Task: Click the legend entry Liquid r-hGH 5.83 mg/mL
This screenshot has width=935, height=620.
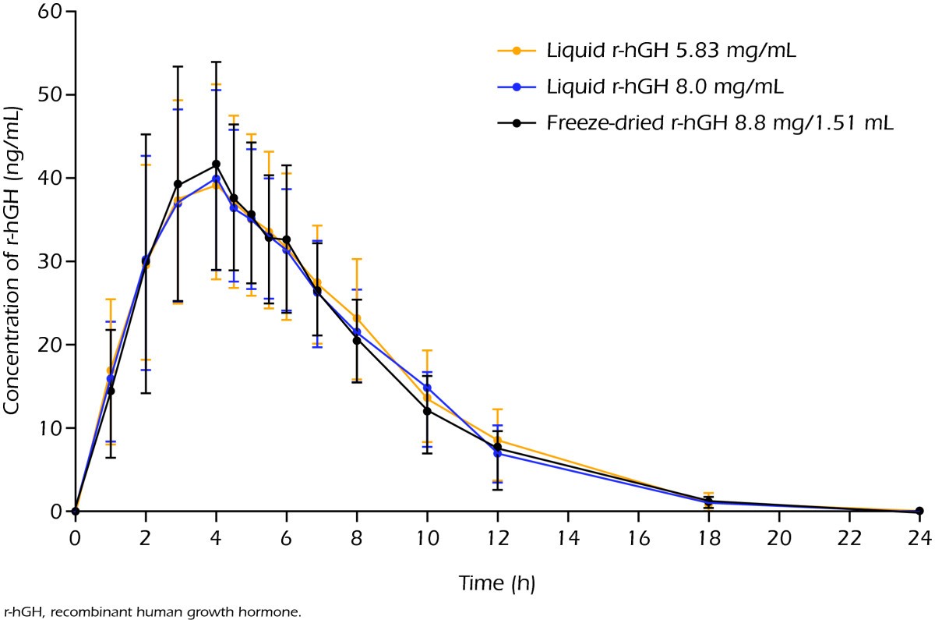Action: (671, 51)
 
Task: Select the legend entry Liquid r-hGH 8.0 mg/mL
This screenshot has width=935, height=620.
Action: (665, 87)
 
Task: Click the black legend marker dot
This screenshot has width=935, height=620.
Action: (517, 123)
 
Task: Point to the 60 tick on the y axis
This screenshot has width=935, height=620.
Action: (50, 11)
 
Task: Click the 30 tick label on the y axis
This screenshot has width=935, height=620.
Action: (50, 261)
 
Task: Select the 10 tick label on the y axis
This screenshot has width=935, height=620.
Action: (50, 428)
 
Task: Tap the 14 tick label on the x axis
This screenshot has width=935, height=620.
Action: (569, 538)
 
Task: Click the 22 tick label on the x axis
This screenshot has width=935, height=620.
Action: (850, 538)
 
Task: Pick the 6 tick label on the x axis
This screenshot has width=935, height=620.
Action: (287, 538)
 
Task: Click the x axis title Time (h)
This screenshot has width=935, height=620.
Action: (497, 583)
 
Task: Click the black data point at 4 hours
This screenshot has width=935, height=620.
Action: (217, 164)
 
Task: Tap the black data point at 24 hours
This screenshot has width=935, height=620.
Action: (919, 511)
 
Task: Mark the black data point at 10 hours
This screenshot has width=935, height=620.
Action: (427, 411)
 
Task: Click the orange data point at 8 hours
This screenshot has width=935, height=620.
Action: (357, 318)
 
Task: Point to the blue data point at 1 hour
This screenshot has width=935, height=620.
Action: (111, 378)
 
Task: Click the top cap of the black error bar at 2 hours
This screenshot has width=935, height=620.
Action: (146, 134)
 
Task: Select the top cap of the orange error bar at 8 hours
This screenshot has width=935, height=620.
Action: (357, 260)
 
